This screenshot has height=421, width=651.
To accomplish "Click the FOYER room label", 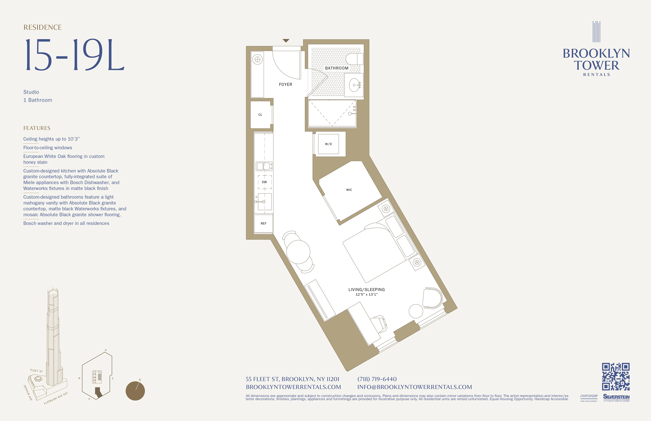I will pos(285,84).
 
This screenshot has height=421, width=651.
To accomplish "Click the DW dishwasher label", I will pos(264,182).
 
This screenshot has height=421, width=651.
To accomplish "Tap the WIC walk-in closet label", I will pos(349,190).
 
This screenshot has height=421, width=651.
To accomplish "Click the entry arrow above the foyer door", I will pos(286,41).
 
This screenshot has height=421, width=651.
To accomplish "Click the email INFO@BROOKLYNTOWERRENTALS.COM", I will pos(414,387).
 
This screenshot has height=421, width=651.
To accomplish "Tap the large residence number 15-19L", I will pos(74,55).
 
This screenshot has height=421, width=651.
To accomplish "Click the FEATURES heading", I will pos(37,128).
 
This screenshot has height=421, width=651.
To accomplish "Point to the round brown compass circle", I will pos(135,391).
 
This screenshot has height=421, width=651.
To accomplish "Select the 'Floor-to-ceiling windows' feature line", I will pos(48,148).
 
